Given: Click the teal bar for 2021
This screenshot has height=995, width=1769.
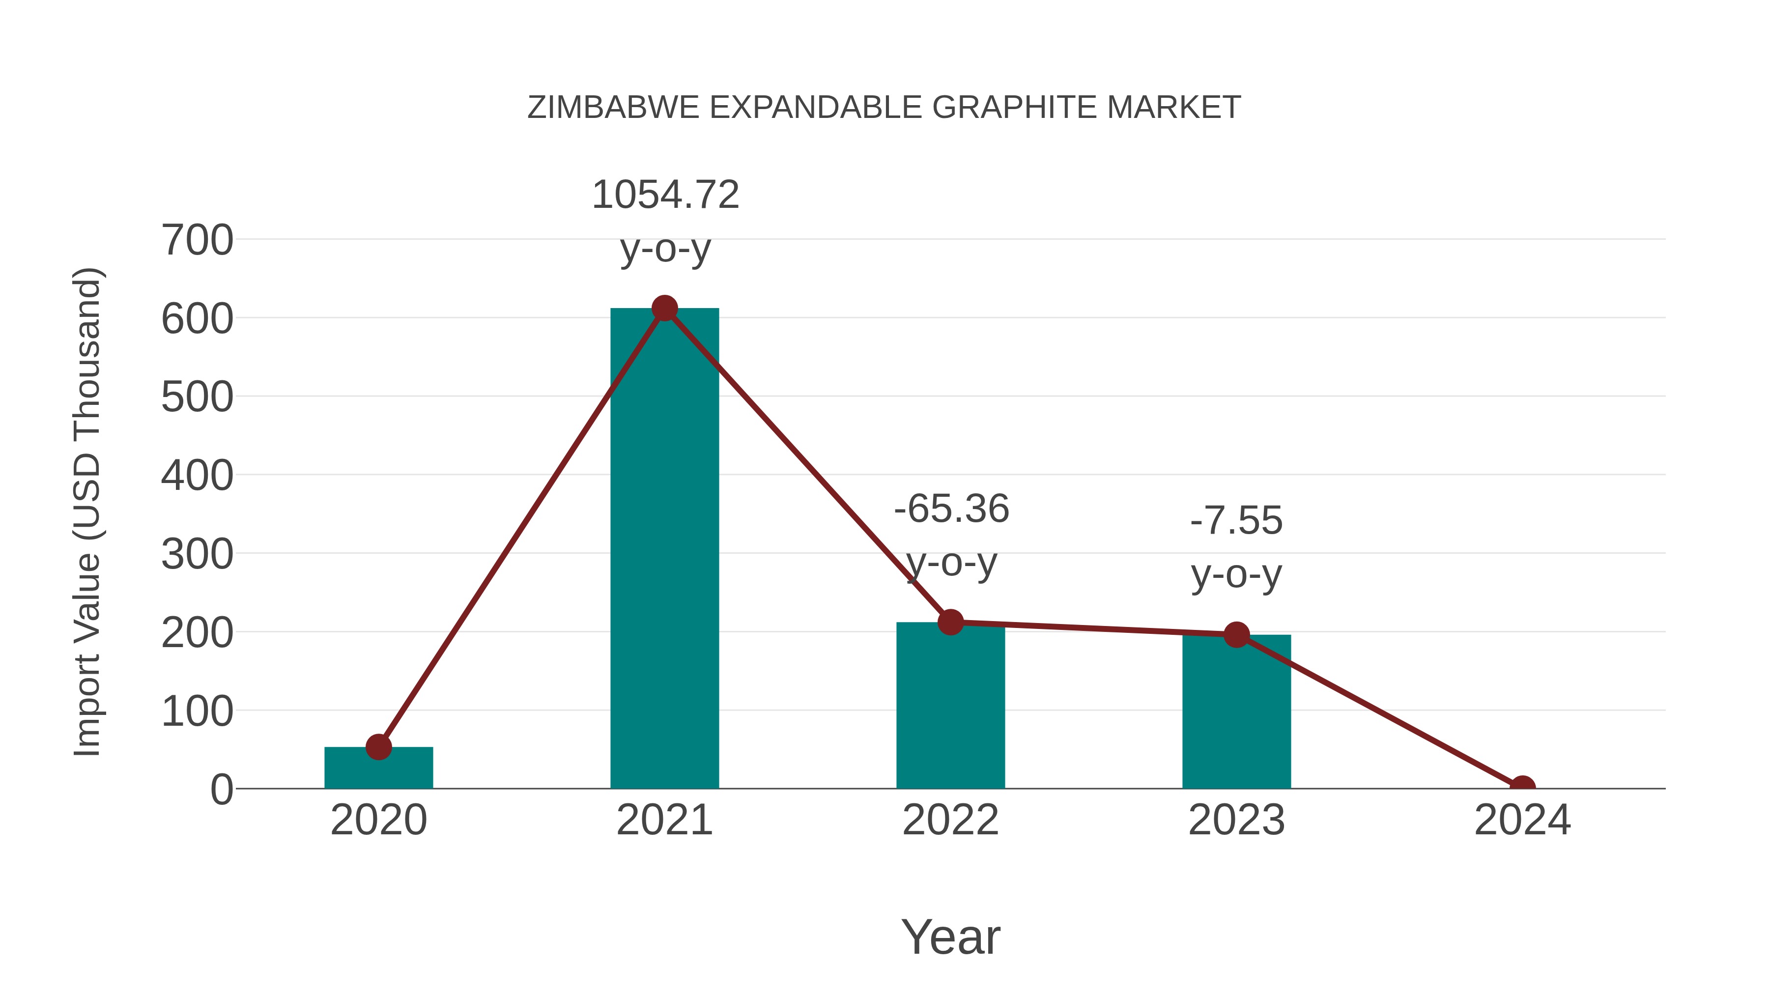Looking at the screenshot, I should click(664, 549).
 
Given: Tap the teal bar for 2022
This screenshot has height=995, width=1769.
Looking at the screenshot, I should click(950, 707).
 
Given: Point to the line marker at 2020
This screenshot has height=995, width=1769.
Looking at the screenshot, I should click(378, 746).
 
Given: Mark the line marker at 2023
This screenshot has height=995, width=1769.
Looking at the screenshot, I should click(1236, 635).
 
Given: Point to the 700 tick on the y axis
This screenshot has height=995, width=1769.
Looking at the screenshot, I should click(197, 241).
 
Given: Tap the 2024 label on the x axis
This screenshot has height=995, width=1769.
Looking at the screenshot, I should click(1522, 821).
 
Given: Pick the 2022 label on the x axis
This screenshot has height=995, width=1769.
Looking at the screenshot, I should click(950, 821).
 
